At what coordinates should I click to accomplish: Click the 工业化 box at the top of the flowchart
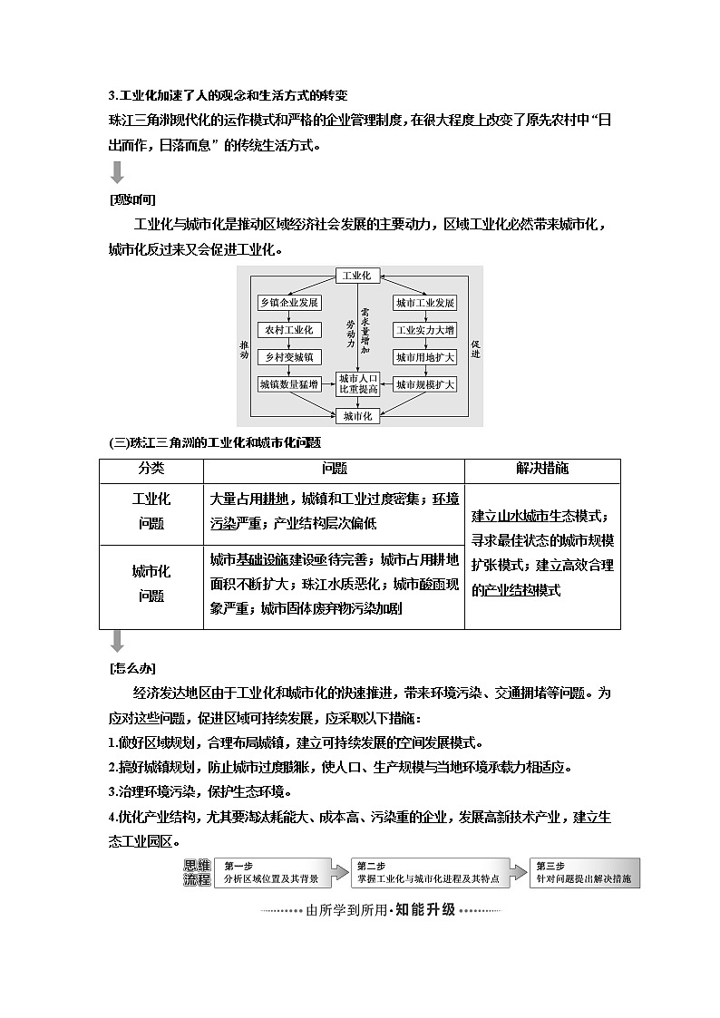359,276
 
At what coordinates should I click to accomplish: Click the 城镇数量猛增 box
288,384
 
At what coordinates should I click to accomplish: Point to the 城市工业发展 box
424,303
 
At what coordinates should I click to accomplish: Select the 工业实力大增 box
424,330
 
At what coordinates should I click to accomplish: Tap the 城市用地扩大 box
424,357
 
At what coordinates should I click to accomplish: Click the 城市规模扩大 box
424,384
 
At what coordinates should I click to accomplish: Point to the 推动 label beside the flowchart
244,349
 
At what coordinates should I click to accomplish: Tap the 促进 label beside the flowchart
475,349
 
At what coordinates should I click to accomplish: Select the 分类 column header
151,469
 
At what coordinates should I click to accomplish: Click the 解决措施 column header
542,469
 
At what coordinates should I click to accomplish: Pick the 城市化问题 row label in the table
151,584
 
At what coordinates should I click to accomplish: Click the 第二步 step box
425,872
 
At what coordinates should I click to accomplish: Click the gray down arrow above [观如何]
117,172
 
